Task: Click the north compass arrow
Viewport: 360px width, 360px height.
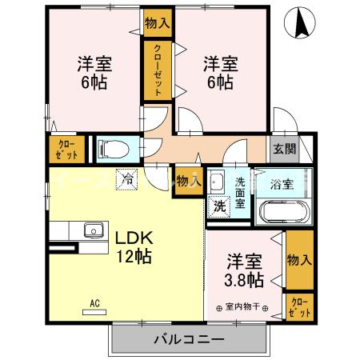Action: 302,22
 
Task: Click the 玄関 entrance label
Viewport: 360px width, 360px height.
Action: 283,148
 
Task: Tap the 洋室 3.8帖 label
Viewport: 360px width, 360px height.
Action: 244,270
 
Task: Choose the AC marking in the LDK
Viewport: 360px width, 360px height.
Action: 94,303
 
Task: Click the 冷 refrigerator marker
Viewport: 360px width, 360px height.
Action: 126,180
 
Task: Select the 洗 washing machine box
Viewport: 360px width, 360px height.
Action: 218,206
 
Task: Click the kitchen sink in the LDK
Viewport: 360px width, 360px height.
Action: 93,231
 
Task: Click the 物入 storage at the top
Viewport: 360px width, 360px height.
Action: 157,22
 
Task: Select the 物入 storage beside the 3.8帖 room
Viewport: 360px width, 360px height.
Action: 298,260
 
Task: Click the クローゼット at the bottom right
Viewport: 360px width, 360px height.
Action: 299,306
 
